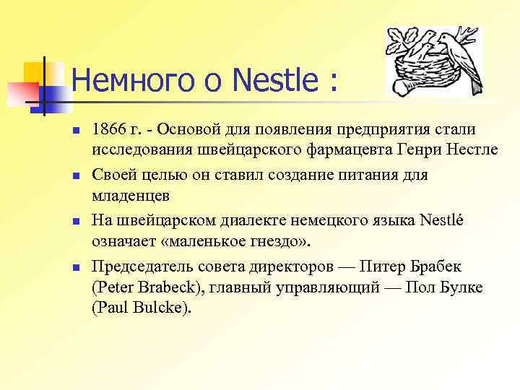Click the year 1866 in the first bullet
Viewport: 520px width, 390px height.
(x=107, y=130)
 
